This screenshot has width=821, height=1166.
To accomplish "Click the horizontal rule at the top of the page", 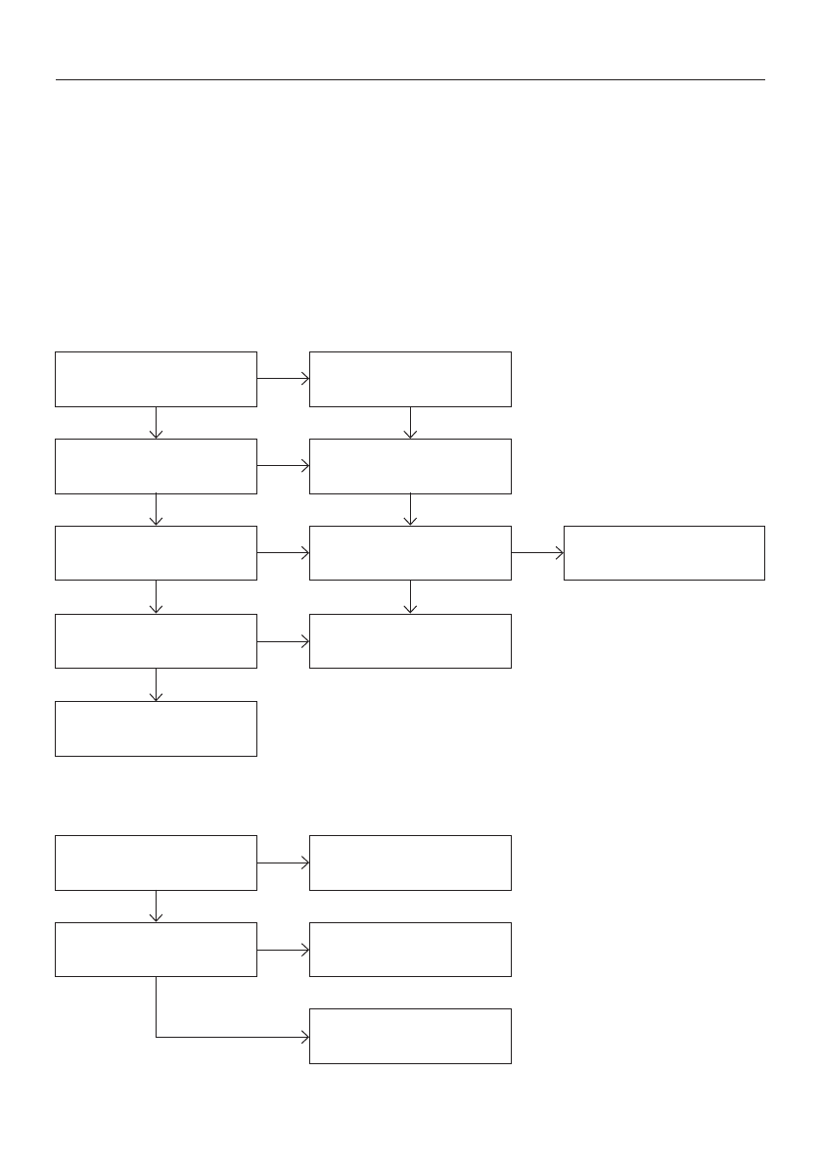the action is [x=410, y=79].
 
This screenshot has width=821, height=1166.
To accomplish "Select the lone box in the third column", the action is [x=663, y=553].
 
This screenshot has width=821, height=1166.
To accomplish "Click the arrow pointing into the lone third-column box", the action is [x=537, y=553].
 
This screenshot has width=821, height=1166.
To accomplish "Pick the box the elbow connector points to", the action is [x=410, y=1036].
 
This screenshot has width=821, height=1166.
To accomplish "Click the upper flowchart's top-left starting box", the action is [x=156, y=379].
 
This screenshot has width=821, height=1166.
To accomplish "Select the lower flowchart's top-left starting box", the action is [x=156, y=863].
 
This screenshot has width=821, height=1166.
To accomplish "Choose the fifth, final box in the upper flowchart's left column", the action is [x=156, y=728].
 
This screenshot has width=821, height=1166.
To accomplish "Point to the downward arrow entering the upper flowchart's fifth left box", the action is [x=156, y=684].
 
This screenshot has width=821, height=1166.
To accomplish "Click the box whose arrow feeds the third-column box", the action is [x=410, y=553].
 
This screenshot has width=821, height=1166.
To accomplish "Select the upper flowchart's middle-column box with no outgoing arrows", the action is [x=410, y=641].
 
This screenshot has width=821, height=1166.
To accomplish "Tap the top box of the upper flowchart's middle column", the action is [x=410, y=379].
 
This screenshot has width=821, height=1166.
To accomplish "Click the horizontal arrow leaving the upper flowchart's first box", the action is [x=283, y=378].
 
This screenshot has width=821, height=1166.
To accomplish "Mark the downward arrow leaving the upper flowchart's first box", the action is [x=156, y=422].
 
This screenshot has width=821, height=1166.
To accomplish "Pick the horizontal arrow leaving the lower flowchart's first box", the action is [x=283, y=863].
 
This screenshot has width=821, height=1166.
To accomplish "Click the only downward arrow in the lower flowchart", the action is [x=156, y=906].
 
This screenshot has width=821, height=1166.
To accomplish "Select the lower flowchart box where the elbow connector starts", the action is [x=156, y=950].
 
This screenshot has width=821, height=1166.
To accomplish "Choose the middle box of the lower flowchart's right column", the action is [x=410, y=950].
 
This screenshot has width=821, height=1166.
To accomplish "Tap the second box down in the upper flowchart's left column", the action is [x=156, y=466].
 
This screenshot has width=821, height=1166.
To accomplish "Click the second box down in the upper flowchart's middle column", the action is [x=410, y=466].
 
